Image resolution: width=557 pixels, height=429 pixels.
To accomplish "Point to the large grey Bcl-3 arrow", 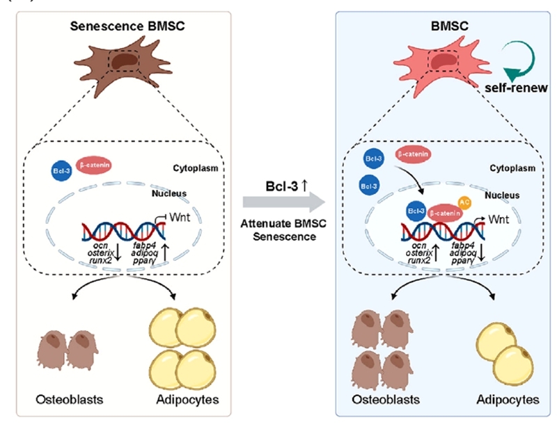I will [x=284, y=202].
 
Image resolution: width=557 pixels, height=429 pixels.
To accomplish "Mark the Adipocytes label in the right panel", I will [x=508, y=400].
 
